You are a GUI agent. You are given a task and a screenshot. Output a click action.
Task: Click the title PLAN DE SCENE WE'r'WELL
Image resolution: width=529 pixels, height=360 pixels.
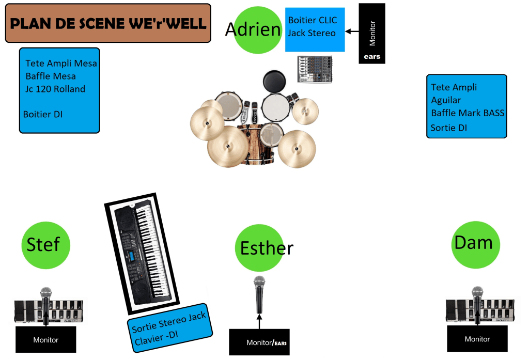click(x=108, y=23)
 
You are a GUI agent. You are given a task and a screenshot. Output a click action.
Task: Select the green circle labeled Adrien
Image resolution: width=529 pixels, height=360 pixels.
click(x=253, y=29)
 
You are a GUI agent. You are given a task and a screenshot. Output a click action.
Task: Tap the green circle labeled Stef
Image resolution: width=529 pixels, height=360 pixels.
click(x=45, y=244)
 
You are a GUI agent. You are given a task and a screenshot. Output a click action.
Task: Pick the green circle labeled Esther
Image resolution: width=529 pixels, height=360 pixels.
click(x=258, y=248)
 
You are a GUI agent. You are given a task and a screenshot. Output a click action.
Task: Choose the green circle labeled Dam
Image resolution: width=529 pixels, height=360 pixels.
click(x=473, y=243)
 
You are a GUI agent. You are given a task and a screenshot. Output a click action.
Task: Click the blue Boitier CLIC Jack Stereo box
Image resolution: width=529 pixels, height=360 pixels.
click(x=315, y=29)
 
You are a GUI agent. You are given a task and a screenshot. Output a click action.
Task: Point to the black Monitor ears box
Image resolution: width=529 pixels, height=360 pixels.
click(x=372, y=34)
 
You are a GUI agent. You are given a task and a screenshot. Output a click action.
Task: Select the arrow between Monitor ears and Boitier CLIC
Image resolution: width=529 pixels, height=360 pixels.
click(x=352, y=32)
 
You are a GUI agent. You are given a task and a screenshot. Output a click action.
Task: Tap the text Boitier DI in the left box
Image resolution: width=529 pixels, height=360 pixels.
click(x=43, y=114)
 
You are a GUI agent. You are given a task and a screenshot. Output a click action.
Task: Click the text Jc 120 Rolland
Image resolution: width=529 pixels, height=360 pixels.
click(x=55, y=89)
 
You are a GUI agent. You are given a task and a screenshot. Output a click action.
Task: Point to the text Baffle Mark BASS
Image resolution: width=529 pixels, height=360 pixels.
click(x=468, y=113)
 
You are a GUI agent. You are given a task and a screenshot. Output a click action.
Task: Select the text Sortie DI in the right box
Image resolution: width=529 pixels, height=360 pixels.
click(x=449, y=127)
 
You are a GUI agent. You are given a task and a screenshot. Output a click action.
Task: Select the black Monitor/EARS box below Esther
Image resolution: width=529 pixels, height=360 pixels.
click(x=259, y=342)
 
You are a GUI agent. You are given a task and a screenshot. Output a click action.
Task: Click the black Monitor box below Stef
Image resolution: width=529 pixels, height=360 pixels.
click(x=45, y=339)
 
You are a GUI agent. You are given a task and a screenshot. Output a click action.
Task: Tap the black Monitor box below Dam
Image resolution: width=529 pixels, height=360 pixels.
click(x=477, y=339)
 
